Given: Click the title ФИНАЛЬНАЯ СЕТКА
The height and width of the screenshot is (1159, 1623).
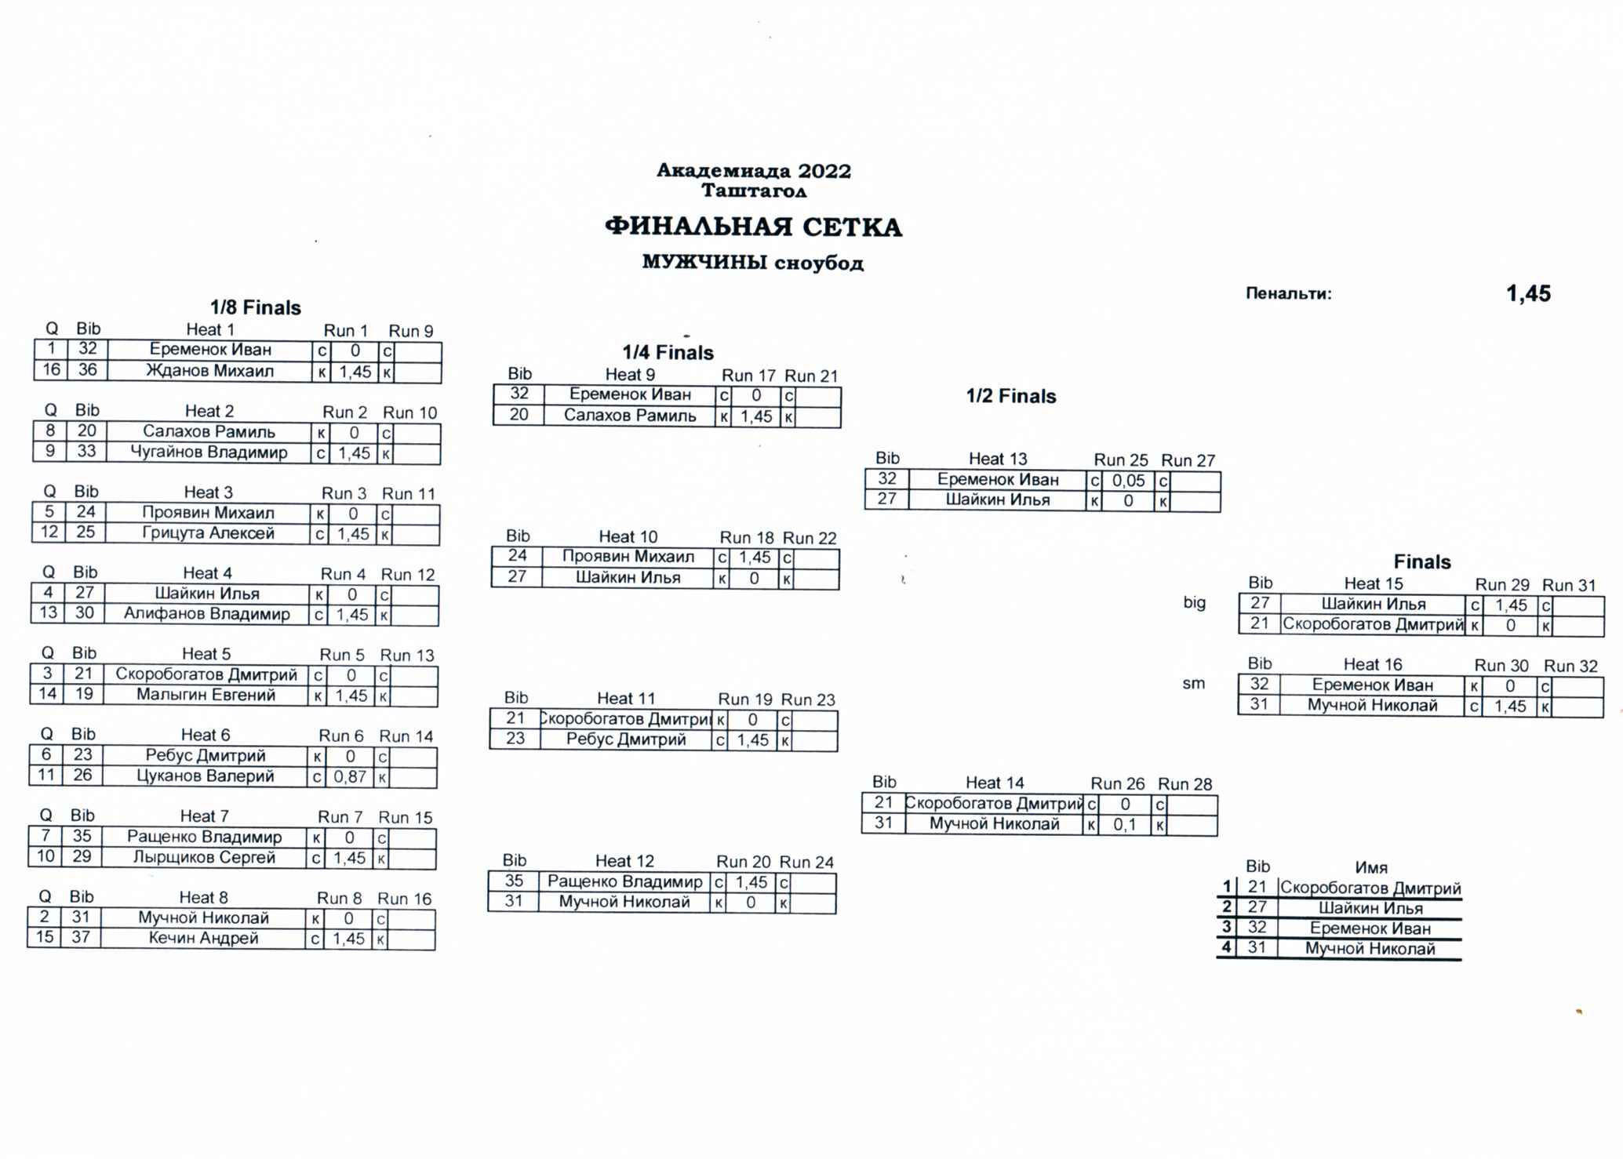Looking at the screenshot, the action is [753, 227].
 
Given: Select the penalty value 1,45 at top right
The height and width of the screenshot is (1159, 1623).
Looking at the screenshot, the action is [1528, 293].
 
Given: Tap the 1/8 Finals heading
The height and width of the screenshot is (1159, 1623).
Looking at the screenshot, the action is [256, 307].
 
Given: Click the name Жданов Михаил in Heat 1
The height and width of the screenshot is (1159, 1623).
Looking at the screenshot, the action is [210, 370].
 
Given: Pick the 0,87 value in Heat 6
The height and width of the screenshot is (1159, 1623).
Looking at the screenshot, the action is [350, 776].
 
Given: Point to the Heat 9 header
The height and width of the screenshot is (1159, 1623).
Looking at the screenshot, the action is [630, 375].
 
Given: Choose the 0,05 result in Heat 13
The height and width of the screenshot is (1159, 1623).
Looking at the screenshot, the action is [1129, 481].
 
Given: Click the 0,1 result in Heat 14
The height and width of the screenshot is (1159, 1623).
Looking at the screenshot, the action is [1125, 824].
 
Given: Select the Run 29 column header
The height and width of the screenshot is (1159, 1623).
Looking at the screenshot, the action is [1502, 584].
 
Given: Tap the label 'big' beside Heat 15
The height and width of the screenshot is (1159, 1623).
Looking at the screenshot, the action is [1195, 603].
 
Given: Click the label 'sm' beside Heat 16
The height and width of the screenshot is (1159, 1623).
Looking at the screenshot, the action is [1193, 684].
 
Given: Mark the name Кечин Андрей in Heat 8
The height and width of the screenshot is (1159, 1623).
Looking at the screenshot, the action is [204, 938].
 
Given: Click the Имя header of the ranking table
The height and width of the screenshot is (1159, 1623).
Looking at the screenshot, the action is [1371, 867].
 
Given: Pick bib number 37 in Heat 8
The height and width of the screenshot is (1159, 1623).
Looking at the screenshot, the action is [81, 937].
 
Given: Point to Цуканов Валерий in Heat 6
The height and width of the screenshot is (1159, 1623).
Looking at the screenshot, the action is [206, 776].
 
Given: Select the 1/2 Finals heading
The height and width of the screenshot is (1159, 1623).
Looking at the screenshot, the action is [1011, 396].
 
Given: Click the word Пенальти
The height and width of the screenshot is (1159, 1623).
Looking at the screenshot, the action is [1289, 294].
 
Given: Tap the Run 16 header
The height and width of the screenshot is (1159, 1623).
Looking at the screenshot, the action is [405, 899].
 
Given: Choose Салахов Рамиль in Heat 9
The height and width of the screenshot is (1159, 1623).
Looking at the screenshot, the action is [630, 416].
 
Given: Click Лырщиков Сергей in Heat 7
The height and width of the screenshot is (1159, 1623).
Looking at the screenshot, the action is [204, 857].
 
